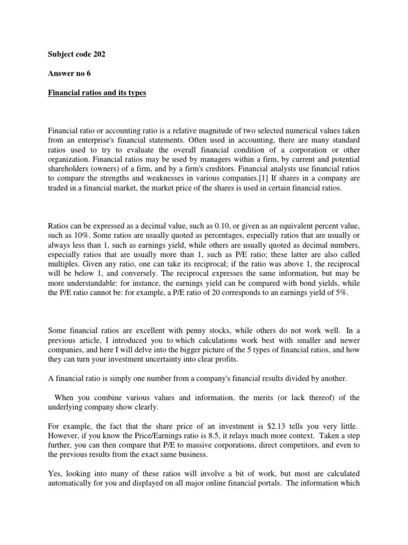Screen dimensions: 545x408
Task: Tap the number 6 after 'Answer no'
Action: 88,73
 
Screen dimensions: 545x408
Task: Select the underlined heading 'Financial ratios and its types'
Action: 97,93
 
